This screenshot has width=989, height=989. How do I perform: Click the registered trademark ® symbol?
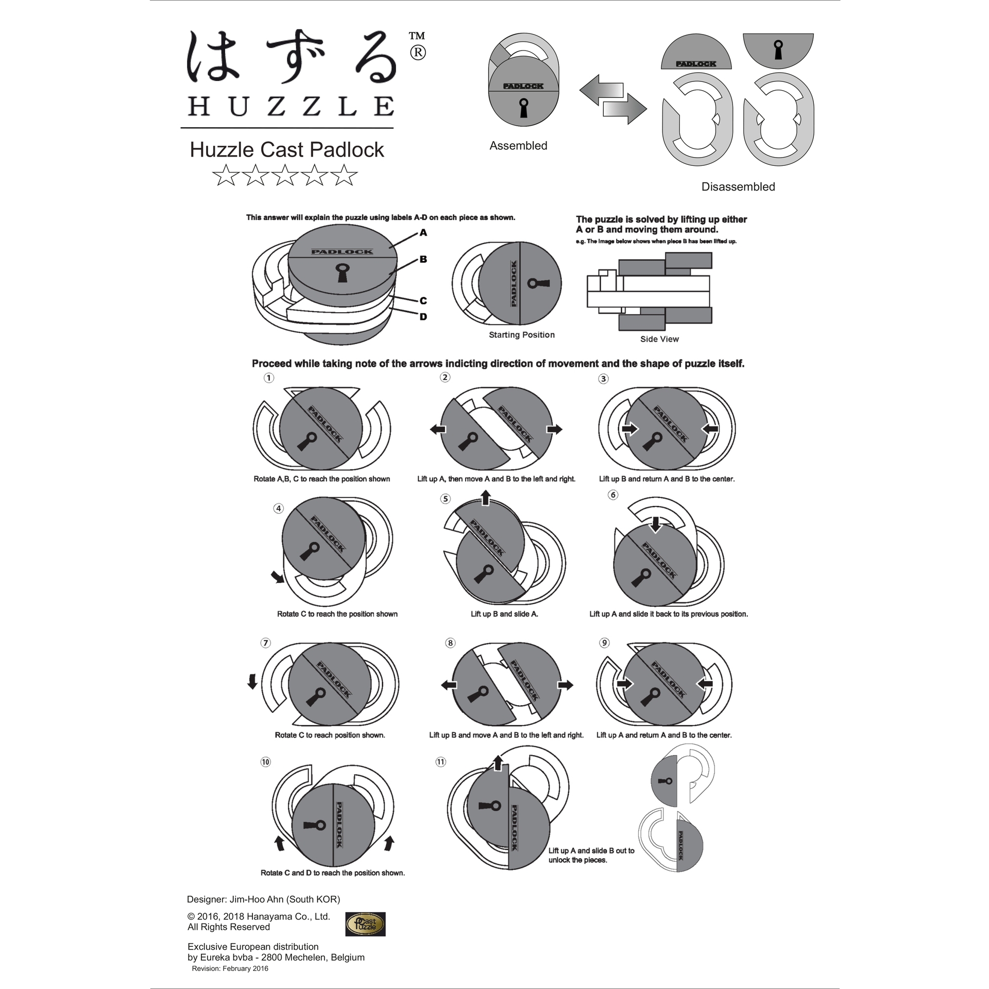418,53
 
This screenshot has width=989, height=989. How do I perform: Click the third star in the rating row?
285,176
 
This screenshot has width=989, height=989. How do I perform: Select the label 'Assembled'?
518,146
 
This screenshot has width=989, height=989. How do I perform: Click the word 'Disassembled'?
738,187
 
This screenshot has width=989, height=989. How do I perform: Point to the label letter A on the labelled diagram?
423,233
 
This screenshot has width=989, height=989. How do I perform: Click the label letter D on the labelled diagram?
423,317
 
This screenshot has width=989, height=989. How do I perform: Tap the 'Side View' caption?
659,339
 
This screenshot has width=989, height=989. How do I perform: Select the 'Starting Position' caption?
522,335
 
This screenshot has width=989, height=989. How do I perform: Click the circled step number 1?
269,378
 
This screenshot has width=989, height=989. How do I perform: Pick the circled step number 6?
613,495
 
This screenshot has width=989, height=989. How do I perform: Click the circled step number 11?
440,762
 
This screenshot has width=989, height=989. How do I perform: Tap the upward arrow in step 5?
486,498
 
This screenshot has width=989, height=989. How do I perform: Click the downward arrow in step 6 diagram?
655,524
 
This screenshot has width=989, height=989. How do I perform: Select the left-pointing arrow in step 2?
438,429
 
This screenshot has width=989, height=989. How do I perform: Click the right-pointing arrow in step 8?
566,685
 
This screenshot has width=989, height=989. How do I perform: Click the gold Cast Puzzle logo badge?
365,939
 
